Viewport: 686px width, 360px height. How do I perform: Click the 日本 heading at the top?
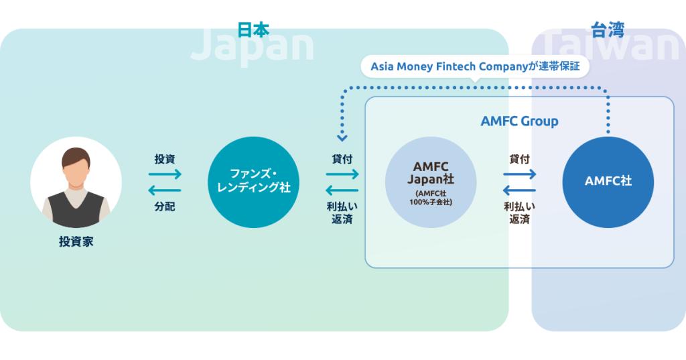(x=253, y=29)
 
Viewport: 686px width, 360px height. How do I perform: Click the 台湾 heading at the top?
(x=607, y=29)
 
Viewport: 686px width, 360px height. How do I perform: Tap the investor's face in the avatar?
(x=76, y=170)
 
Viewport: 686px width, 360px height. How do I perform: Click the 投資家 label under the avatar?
(x=76, y=241)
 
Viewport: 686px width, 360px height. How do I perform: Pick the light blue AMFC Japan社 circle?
(x=431, y=182)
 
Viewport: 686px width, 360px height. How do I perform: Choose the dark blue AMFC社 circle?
(x=608, y=182)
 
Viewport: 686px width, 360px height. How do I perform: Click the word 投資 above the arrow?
(x=165, y=159)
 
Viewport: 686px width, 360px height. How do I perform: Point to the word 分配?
(x=165, y=206)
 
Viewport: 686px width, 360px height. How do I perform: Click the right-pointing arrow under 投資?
(x=165, y=174)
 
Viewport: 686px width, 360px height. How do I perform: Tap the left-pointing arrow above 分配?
(x=165, y=191)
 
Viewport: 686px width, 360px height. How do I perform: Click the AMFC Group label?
(x=519, y=121)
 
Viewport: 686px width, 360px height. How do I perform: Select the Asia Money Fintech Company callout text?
(x=475, y=67)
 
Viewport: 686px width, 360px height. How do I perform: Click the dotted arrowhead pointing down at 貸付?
(x=342, y=138)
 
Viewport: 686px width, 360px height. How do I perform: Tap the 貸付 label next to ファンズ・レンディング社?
(x=342, y=159)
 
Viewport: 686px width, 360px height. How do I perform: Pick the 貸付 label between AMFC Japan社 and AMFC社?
(x=519, y=159)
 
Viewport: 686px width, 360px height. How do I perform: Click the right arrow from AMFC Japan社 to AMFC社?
(x=519, y=174)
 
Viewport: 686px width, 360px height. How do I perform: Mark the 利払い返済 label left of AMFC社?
(x=519, y=213)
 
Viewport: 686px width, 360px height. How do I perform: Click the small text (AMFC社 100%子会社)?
(x=431, y=198)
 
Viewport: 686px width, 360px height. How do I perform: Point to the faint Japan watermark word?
(x=252, y=46)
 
